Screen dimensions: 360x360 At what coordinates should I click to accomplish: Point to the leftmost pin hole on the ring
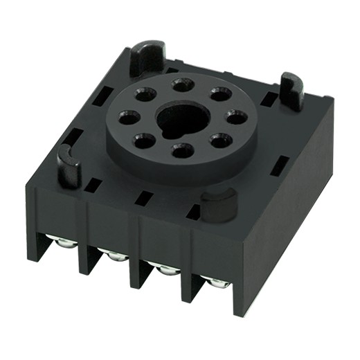(129, 116)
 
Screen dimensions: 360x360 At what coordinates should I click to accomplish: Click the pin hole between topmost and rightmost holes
(219, 93)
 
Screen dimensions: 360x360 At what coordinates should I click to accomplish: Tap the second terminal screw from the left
(115, 255)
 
